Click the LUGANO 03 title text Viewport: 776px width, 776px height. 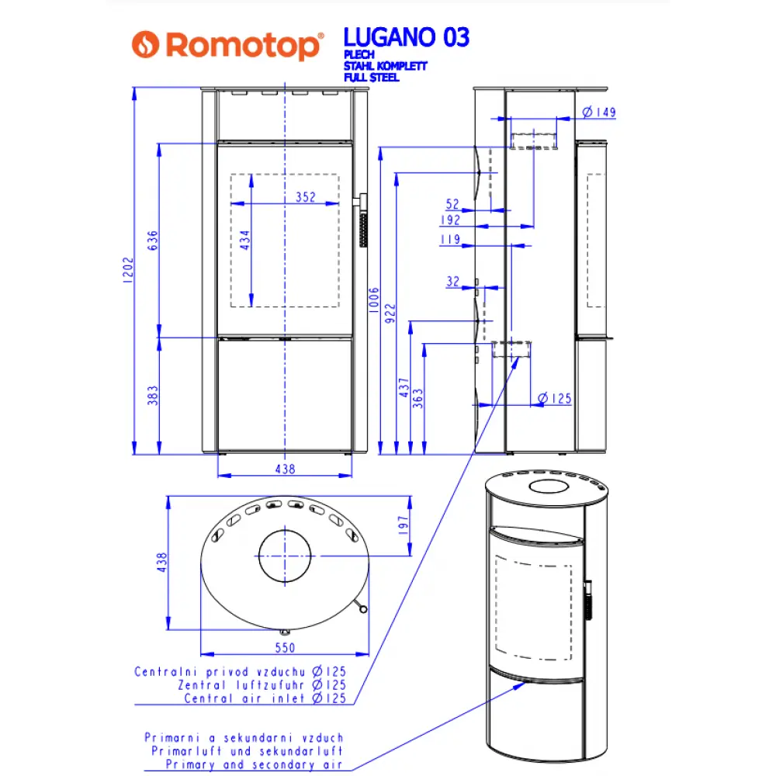click(406, 36)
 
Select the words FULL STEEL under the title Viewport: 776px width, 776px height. click(371, 78)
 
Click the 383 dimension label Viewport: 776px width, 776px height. click(153, 395)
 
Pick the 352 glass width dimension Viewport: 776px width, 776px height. click(306, 197)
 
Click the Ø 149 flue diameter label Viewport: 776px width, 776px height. click(598, 113)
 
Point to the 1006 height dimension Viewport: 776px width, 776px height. click(374, 299)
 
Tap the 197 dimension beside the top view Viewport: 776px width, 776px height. click(402, 526)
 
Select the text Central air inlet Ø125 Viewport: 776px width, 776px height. click(265, 698)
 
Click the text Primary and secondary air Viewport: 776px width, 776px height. click(255, 764)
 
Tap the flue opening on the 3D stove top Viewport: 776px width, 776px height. click(548, 487)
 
